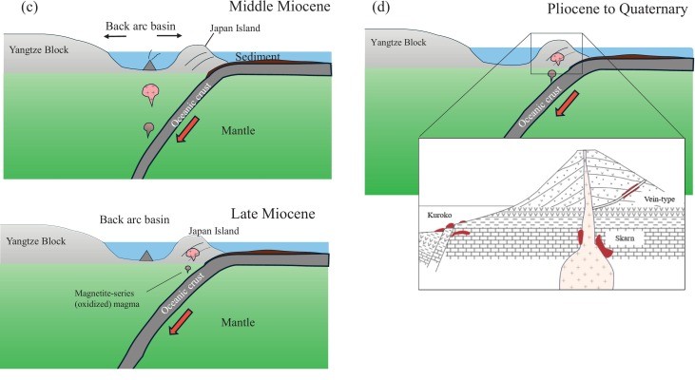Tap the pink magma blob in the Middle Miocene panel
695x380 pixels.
pyautogui.click(x=150, y=92)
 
